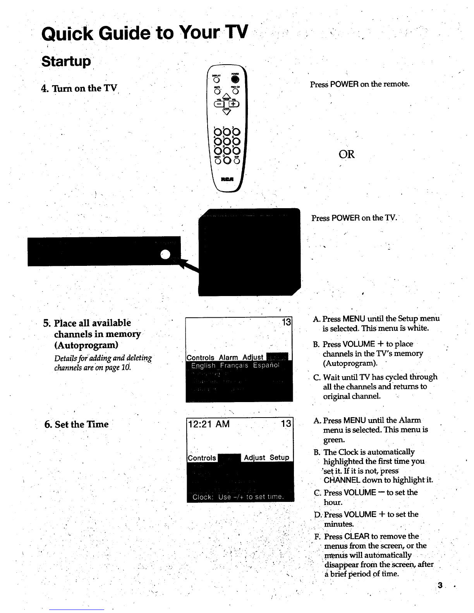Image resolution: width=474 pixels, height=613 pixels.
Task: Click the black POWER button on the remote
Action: click(235, 80)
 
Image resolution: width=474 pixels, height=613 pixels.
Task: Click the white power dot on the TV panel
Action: click(166, 254)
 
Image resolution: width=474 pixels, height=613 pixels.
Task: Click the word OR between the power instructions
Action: click(346, 154)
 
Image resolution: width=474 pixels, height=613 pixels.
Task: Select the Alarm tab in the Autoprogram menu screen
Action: click(228, 357)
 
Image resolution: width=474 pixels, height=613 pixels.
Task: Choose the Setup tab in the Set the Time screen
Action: click(279, 457)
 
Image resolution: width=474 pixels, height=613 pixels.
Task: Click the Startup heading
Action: click(66, 62)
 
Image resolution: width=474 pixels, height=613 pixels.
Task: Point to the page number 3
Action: click(440, 585)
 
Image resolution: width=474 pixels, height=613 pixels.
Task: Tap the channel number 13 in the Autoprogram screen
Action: click(286, 322)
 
